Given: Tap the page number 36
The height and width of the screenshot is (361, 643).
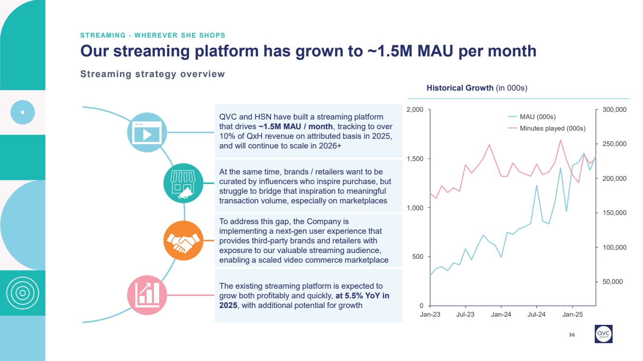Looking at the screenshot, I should pos(572,335).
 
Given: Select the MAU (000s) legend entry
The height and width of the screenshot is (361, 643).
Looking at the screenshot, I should pos(537,117).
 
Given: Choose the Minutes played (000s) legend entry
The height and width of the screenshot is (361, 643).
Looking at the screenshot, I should pos(552,128).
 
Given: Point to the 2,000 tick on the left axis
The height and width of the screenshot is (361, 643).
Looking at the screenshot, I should pos(414,110).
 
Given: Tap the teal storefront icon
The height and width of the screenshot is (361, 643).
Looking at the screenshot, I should pos(184,184).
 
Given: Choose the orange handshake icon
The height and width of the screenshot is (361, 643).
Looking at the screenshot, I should pos(183,241).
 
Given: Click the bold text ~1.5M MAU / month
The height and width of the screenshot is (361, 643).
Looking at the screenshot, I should pos(296,126).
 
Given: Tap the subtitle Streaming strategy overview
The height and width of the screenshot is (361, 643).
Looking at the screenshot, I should pos(152,74).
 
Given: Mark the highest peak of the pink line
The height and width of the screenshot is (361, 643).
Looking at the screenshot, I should pos(561,140).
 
